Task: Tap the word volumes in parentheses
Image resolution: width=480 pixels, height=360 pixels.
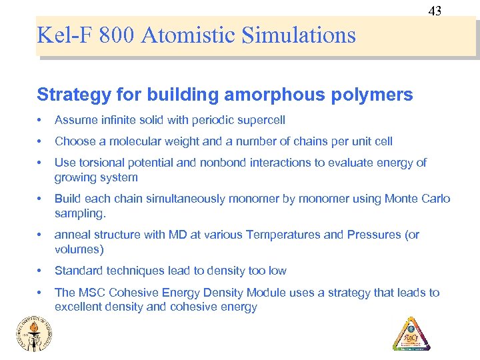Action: coord(79,250)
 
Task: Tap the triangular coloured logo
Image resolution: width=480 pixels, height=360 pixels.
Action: coord(411,333)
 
